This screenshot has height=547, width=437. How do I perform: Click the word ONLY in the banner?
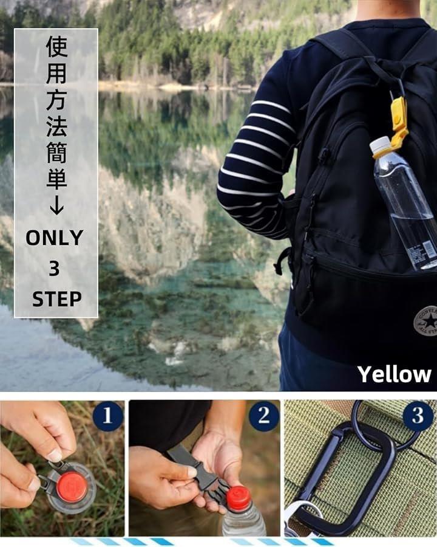tap(55, 238)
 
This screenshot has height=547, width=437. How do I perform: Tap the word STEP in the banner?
tap(56, 299)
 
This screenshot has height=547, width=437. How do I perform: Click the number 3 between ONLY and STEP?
tap(54, 268)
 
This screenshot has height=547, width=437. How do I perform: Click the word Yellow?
tap(394, 374)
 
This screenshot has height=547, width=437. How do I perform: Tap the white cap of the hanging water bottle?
tap(380, 146)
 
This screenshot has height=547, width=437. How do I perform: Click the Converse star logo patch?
tap(425, 320)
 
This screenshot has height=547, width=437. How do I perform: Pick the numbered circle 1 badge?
tap(107, 416)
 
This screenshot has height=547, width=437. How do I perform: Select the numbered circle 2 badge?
tap(264, 416)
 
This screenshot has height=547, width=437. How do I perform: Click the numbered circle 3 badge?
tap(418, 416)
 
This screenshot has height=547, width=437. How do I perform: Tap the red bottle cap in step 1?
tap(73, 487)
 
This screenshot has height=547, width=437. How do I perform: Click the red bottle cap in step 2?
tap(239, 497)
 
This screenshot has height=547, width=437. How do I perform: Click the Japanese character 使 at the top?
tap(56, 46)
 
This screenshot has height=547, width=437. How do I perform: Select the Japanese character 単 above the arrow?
tap(56, 179)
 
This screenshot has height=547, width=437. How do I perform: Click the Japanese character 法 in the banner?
tap(56, 126)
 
